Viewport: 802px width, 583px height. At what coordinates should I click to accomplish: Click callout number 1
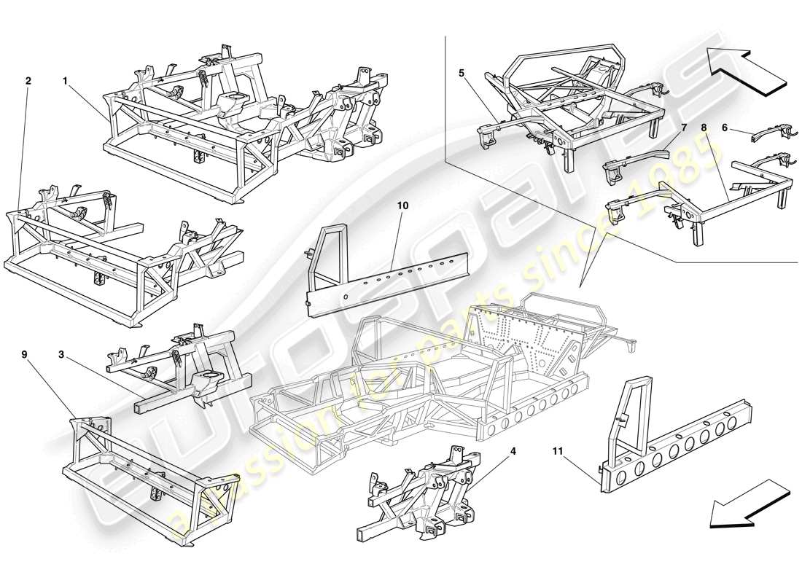(x=65, y=82)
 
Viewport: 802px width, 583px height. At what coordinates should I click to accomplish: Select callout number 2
(x=28, y=82)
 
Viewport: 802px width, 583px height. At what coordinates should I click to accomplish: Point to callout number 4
(x=513, y=451)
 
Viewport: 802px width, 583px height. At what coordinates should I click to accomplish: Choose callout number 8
(x=704, y=128)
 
